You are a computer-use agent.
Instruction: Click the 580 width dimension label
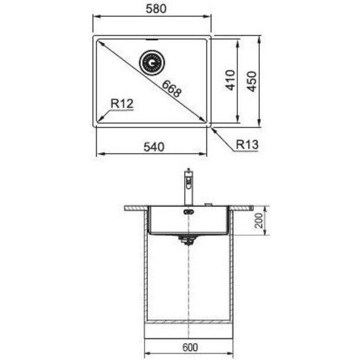tap(152, 10)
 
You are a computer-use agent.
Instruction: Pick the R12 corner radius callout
tap(122, 104)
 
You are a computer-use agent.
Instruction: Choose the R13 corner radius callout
tap(247, 146)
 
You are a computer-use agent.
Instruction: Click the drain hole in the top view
tap(152, 61)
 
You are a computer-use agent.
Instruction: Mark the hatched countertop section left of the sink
tap(135, 206)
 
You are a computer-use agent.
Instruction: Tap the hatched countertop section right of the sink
tap(241, 206)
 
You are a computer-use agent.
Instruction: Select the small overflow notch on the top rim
tap(152, 39)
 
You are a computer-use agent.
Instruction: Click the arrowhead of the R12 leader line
tap(97, 120)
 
